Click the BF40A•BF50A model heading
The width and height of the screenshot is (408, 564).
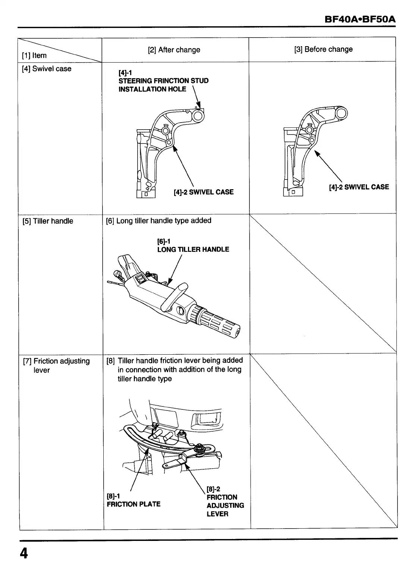click(x=360, y=19)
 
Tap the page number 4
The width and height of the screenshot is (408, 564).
click(x=23, y=553)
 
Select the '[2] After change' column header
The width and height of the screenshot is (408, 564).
click(x=174, y=50)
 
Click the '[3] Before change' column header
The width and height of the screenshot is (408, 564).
click(x=323, y=49)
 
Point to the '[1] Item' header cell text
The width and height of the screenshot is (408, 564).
click(x=34, y=56)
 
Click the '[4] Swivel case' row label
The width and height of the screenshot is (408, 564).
click(x=47, y=69)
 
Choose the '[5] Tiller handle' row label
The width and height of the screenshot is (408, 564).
click(x=48, y=221)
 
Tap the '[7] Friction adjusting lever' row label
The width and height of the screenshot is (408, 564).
click(x=56, y=365)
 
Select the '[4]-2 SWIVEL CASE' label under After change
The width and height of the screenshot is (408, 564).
click(x=204, y=192)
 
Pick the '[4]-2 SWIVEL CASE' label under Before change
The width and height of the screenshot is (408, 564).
click(x=359, y=187)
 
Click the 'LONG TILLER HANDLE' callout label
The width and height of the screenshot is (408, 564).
click(x=193, y=249)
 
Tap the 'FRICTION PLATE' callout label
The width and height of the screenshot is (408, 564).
click(x=134, y=504)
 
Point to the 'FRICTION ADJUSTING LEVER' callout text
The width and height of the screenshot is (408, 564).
click(x=225, y=505)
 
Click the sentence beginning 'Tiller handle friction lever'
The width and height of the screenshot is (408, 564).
click(x=180, y=370)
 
